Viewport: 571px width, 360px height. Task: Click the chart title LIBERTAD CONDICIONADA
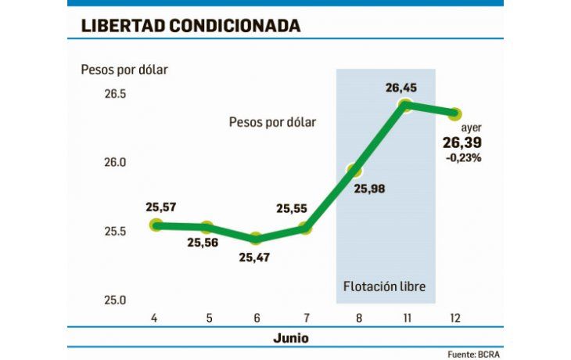coord(191,26)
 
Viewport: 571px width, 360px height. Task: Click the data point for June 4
coord(156,225)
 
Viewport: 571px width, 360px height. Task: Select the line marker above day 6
coord(257,238)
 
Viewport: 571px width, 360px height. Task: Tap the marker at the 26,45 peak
coord(405,104)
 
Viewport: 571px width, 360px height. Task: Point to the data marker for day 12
coord(454,114)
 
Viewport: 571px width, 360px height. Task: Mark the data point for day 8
coord(355,170)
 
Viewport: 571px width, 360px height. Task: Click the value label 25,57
coord(161,207)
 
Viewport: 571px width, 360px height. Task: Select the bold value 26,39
coord(461,142)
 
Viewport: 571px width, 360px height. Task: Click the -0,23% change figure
coord(463,157)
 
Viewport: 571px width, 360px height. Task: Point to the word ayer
coord(471,128)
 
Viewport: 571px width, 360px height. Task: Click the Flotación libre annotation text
coord(385,286)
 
